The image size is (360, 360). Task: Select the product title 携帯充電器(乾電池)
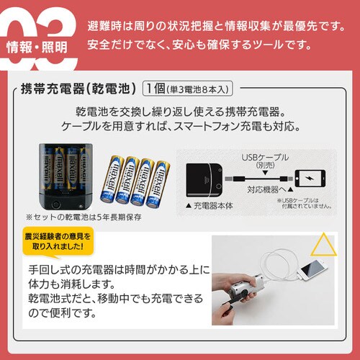(x=76, y=89)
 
